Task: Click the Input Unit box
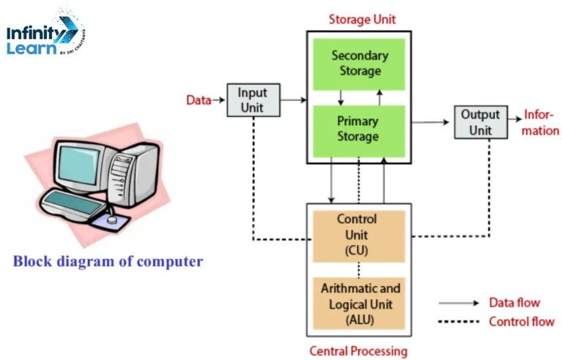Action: [x=254, y=100]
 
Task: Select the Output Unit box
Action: [x=481, y=121]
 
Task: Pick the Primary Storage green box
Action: [x=358, y=128]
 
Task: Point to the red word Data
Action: [x=198, y=100]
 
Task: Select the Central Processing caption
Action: [x=358, y=351]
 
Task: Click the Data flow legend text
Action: [x=514, y=302]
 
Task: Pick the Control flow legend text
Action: [x=520, y=321]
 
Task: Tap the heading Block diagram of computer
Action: [x=108, y=261]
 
